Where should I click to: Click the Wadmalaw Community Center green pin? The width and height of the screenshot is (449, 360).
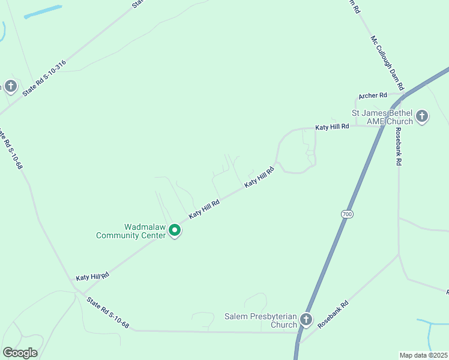(175, 230)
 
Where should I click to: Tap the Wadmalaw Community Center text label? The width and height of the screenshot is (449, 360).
(131, 232)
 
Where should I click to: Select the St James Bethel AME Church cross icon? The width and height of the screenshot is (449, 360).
(422, 116)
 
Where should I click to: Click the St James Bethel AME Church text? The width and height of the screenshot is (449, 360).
(382, 117)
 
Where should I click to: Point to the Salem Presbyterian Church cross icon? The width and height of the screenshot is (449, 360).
(306, 320)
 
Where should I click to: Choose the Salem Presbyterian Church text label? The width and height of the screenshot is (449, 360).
(261, 320)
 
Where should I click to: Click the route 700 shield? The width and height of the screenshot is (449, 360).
(346, 214)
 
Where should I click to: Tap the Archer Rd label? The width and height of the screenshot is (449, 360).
(372, 96)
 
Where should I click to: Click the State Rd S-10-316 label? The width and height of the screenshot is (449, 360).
(44, 79)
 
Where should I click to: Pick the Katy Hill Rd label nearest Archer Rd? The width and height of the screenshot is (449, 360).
(332, 127)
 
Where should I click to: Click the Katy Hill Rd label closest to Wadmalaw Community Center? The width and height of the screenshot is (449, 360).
(204, 209)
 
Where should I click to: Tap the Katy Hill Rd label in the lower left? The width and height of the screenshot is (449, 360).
(92, 277)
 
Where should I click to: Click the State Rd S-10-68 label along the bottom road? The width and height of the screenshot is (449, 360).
(107, 313)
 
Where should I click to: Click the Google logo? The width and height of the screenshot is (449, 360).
(20, 353)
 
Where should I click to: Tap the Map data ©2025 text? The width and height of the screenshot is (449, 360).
(424, 355)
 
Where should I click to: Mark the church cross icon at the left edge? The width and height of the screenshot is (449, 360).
(11, 86)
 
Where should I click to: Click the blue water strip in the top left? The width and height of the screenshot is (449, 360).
(43, 12)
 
